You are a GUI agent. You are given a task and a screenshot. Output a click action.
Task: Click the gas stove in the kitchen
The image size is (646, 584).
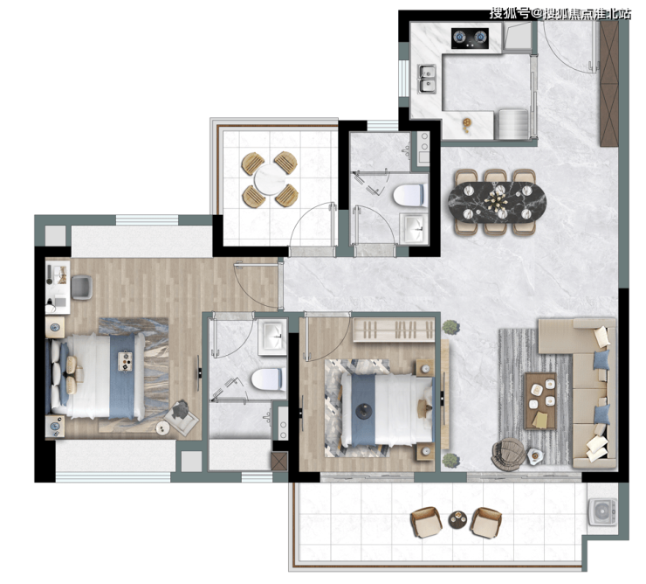click(470, 38)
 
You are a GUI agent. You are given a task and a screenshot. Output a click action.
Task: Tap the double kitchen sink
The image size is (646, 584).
click(427, 79)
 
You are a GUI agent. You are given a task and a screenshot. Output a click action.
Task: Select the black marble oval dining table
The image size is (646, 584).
click(497, 202)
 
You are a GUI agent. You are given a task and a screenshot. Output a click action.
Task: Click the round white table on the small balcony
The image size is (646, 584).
click(270, 179)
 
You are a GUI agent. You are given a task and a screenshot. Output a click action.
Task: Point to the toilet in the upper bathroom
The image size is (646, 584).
click(409, 195)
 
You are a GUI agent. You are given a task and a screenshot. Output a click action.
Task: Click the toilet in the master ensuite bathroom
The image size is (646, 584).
click(268, 379)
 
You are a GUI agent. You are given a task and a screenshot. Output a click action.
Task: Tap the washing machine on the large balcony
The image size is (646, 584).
click(602, 511)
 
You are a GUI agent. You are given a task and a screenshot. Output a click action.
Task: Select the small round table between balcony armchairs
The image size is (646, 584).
click(457, 519)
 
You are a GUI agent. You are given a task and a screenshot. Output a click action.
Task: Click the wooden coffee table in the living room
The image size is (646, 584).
click(540, 400)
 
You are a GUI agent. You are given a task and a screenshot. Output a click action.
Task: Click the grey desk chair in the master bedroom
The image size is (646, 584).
click(81, 288)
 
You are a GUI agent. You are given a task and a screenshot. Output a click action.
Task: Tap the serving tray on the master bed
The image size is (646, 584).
click(125, 361)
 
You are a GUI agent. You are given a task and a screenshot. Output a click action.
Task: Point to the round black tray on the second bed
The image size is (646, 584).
click(364, 412)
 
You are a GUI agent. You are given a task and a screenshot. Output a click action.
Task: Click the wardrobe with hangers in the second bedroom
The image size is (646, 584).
click(394, 330)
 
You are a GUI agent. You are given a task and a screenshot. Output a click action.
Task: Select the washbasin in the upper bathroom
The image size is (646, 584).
click(414, 229)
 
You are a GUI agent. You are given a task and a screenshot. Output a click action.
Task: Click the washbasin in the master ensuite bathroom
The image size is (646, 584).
click(271, 337)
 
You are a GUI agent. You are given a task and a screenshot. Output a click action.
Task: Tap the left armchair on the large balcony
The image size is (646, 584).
click(426, 522)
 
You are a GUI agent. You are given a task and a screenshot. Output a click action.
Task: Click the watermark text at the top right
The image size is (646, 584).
click(560, 14)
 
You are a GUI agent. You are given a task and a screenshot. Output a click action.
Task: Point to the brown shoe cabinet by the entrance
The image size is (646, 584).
click(609, 83)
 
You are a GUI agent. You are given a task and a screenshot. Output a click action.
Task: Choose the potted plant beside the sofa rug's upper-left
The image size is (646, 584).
click(450, 327)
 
